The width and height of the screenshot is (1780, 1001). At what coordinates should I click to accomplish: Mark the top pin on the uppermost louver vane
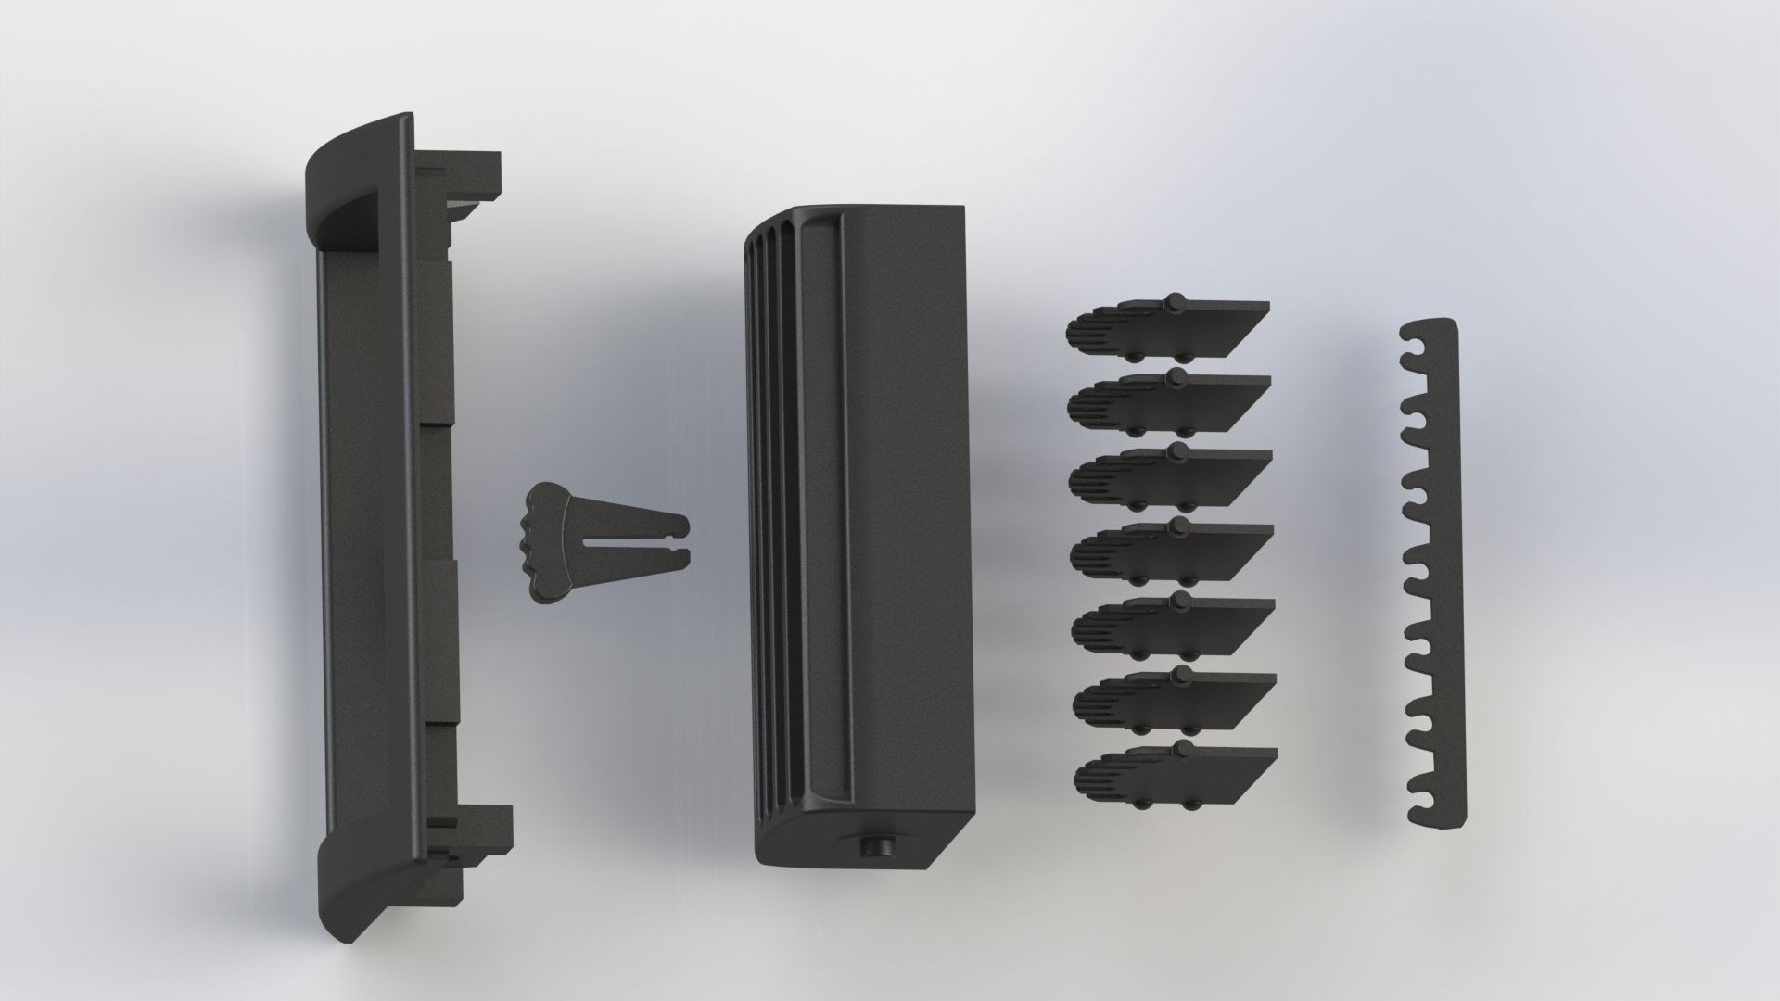(1175, 302)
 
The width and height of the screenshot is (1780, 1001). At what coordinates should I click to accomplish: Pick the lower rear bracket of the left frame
(473, 834)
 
